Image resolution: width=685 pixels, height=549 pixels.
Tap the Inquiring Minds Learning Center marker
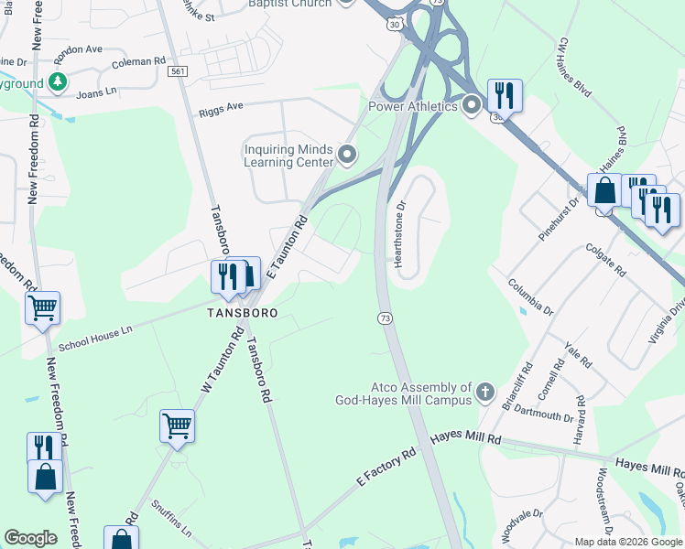(x=346, y=154)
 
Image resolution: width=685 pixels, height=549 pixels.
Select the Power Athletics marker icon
(x=472, y=106)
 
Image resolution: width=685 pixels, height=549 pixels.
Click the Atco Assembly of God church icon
(x=485, y=394)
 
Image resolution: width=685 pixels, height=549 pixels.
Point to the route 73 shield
(x=385, y=318)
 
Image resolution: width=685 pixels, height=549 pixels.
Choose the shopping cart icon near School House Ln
(x=43, y=309)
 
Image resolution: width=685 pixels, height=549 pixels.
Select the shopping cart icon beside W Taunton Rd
(x=177, y=425)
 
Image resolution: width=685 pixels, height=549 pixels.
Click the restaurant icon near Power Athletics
(x=505, y=94)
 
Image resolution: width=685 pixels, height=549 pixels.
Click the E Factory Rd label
(x=386, y=466)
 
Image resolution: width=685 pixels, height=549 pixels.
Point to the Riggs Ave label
(x=221, y=108)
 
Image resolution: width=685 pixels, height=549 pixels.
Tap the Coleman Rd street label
(x=137, y=62)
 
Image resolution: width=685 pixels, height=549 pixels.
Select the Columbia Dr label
(x=532, y=296)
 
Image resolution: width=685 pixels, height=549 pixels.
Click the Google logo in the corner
(x=30, y=538)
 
